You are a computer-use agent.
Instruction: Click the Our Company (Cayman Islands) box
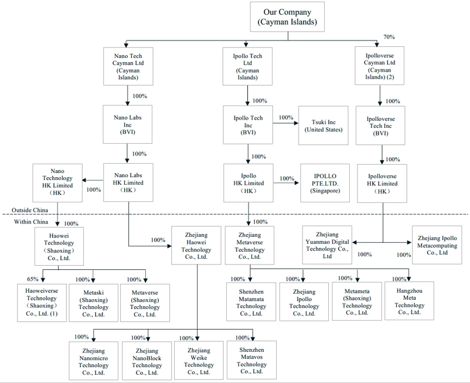pyautogui.click(x=287, y=16)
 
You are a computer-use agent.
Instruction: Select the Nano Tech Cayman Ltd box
pyautogui.click(x=128, y=66)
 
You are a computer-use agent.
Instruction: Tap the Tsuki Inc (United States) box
pyautogui.click(x=323, y=124)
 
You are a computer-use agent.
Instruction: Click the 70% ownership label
pyautogui.click(x=389, y=37)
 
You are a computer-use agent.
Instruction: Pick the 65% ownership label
pyautogui.click(x=33, y=279)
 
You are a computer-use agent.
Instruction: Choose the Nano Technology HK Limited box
pyautogui.click(x=57, y=182)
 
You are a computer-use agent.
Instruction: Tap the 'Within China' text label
pyautogui.click(x=30, y=222)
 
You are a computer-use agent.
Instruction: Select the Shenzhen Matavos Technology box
pyautogui.click(x=251, y=360)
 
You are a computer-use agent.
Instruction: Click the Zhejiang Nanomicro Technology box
pyautogui.click(x=93, y=361)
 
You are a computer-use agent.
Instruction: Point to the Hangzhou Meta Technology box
pyautogui.click(x=409, y=300)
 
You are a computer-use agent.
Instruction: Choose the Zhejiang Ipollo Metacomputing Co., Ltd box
pyautogui.click(x=437, y=245)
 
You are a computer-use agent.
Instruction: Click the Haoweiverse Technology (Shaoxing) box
pyautogui.click(x=41, y=302)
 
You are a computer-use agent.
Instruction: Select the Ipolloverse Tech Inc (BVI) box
pyautogui.click(x=380, y=124)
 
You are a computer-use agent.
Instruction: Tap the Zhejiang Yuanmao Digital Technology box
pyautogui.click(x=327, y=245)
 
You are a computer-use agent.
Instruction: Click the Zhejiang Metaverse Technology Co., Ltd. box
pyautogui.click(x=250, y=245)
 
